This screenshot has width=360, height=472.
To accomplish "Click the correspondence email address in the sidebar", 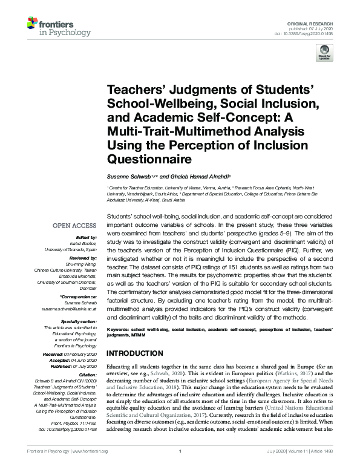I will pyautogui.click(x=67, y=309).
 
